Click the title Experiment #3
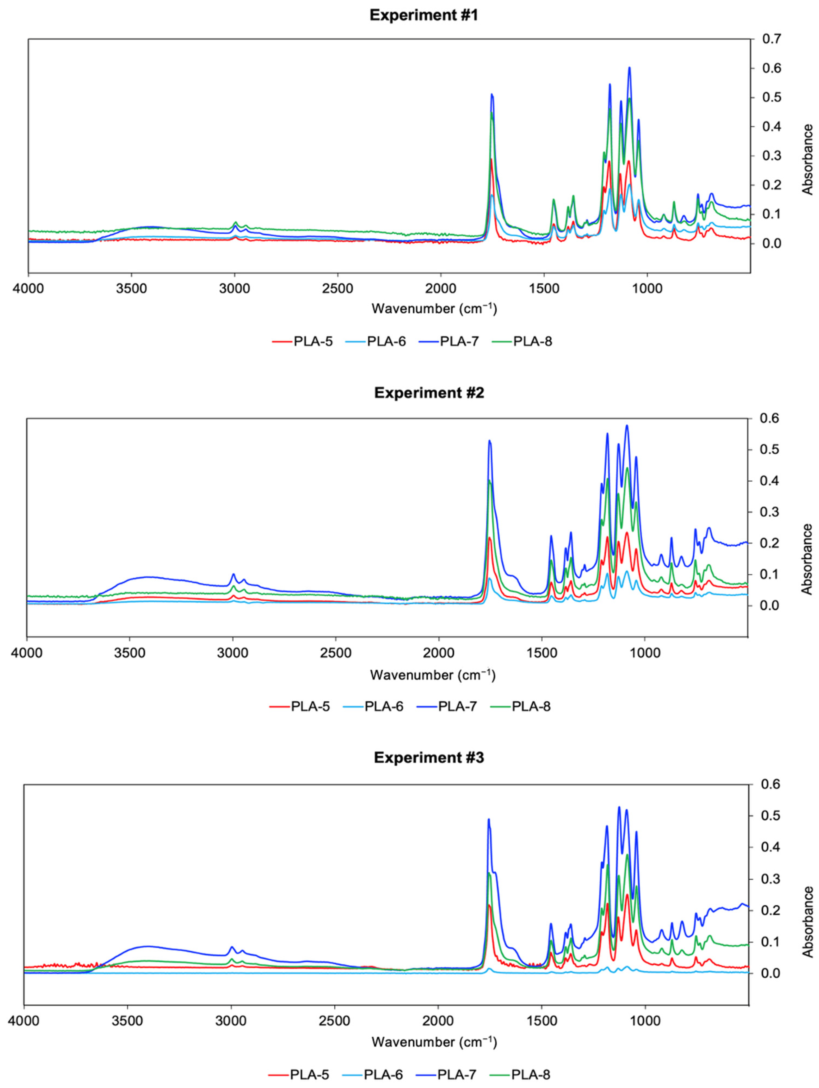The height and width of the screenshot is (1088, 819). [x=429, y=758]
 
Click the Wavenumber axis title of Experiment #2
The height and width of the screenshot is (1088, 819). [x=433, y=675]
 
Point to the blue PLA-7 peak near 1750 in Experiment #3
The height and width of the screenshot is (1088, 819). [x=489, y=819]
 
